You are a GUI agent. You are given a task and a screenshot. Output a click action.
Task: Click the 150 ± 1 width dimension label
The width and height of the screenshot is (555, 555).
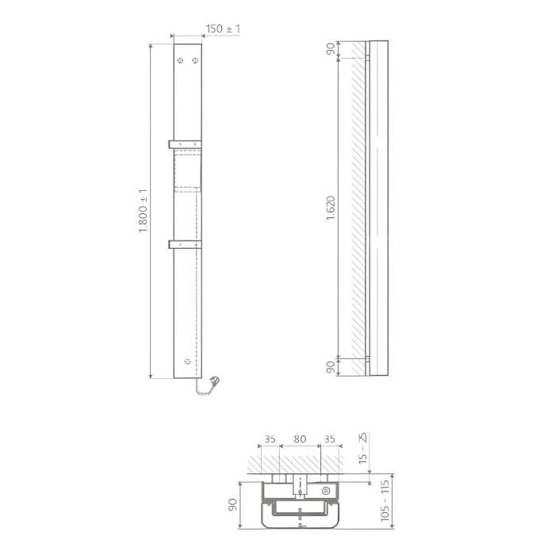coord(223,29)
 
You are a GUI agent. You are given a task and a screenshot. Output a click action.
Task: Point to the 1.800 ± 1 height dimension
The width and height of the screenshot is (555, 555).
coord(143,211)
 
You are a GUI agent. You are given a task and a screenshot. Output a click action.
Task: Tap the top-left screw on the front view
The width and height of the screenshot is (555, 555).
coord(181,60)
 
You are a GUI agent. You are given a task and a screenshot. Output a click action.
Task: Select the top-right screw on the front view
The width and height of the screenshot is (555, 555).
coord(195,60)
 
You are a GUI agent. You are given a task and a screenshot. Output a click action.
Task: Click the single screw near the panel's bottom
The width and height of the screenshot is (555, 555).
coord(188,362)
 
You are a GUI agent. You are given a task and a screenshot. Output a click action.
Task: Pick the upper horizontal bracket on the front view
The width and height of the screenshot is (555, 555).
coord(185,144)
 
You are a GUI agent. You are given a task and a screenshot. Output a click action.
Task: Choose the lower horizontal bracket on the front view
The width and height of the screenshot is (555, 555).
coord(185,244)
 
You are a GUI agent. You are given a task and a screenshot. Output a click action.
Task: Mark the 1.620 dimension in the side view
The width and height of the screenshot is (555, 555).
coord(331,208)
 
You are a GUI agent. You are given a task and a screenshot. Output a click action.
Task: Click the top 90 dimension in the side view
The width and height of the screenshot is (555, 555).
coord(331,48)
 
